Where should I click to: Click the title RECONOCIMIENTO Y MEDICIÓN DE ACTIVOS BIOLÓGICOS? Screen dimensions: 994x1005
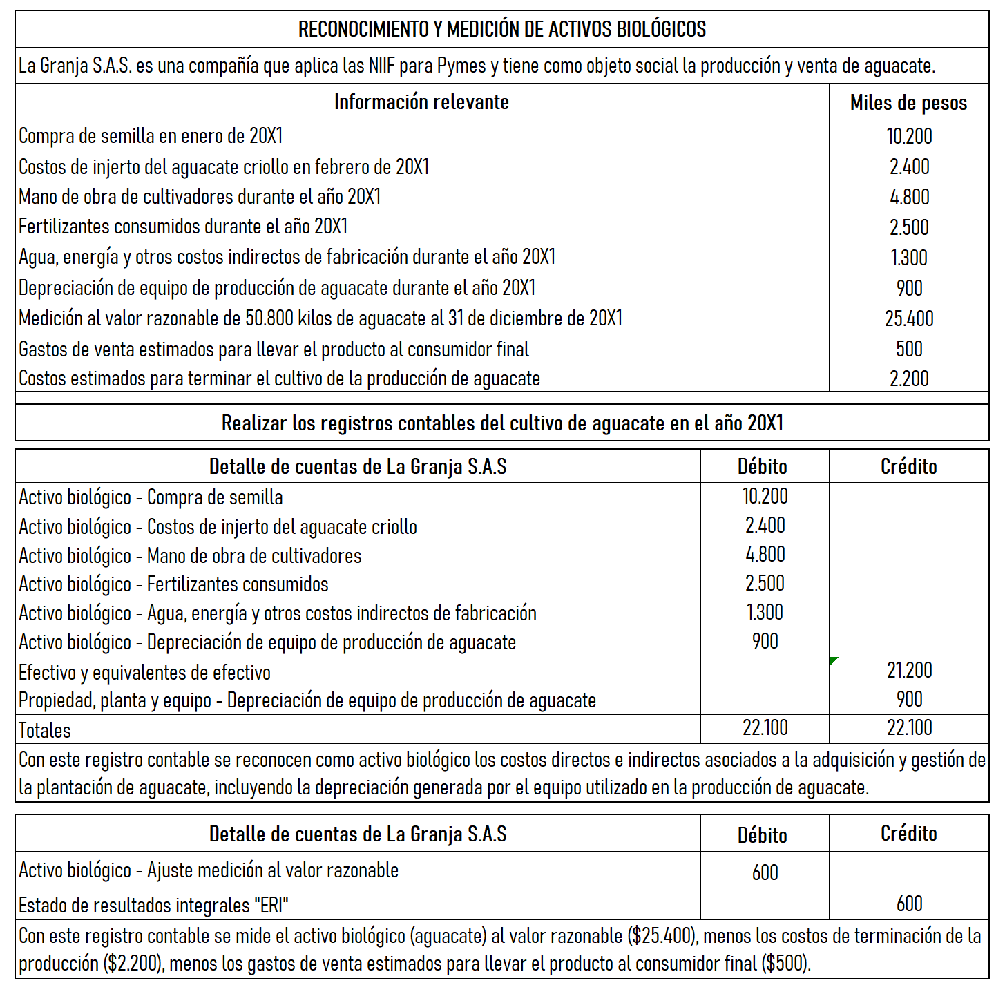coord(502,30)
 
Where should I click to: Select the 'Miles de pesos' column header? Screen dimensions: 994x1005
coord(908,103)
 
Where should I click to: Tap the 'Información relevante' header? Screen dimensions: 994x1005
coord(421,102)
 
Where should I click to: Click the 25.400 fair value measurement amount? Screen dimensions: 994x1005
coord(909,318)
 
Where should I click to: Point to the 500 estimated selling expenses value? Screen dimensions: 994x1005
coord(909,349)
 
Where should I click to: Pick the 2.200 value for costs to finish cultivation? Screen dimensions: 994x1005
coord(909,379)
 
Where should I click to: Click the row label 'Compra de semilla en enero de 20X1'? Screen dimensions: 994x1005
coord(151,136)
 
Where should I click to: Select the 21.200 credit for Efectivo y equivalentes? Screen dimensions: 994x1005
coord(909,670)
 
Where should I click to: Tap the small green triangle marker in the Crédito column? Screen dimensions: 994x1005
coord(833,661)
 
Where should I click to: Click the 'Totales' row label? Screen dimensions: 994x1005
coord(45,730)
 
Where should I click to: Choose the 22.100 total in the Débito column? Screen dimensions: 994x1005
coord(765,727)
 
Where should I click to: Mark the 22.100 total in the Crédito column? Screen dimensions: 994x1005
coord(909,727)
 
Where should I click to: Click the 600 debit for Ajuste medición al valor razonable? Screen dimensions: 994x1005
coord(765,872)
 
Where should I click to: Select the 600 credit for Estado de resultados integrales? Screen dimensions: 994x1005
coord(909,904)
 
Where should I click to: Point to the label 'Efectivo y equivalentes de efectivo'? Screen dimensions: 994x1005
coord(144,673)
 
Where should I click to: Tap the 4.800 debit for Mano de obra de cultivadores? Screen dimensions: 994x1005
coord(765,554)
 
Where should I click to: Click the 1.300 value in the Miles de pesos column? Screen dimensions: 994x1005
coord(909,258)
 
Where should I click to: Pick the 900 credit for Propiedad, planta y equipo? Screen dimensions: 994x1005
coord(909,699)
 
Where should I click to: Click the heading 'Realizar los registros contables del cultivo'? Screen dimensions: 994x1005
coord(502,423)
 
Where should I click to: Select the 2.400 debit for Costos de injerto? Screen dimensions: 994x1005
coord(765,525)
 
